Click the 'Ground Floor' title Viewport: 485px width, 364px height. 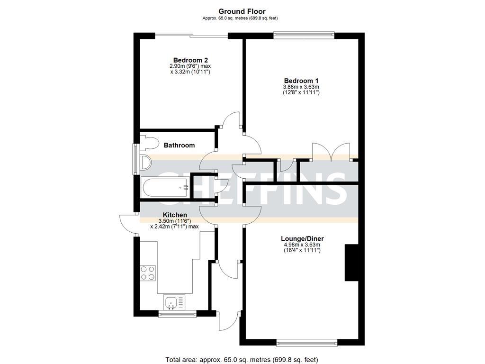point(242,11)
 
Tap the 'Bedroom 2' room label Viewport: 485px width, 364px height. point(190,60)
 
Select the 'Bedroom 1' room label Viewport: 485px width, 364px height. point(301,81)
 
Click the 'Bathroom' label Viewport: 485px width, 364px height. point(179,146)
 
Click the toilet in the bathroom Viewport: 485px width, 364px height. point(151,143)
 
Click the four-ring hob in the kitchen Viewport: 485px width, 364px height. point(148,273)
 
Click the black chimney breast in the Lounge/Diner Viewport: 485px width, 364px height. point(351,263)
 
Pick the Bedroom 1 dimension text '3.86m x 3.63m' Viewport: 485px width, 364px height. point(301,87)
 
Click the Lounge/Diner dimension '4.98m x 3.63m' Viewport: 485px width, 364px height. point(301,245)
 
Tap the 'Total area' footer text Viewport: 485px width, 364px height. point(242,359)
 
